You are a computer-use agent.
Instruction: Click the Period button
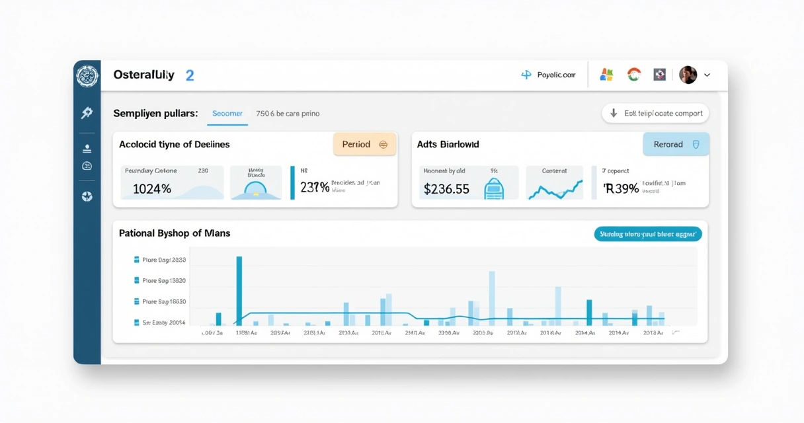tap(364, 144)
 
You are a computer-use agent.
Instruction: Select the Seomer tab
tap(227, 114)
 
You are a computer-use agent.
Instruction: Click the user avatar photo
tap(688, 75)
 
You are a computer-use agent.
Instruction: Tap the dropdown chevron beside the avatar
tap(707, 75)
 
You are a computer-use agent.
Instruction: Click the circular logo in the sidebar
tap(87, 76)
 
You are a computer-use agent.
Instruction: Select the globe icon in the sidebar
tap(87, 197)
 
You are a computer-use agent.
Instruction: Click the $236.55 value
tap(446, 189)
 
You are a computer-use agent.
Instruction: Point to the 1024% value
tap(152, 189)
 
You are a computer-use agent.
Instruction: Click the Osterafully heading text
tap(143, 75)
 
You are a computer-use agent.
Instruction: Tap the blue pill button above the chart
tap(647, 234)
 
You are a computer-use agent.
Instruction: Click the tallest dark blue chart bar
tap(239, 291)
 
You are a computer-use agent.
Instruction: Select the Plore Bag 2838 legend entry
tap(160, 260)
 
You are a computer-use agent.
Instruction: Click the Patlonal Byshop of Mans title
tap(175, 233)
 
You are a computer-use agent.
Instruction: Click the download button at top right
tap(655, 113)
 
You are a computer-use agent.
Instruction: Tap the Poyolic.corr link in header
tap(548, 75)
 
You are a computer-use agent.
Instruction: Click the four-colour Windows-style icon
tap(606, 75)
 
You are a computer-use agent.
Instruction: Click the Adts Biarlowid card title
tap(448, 144)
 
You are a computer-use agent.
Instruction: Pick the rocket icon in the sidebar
tap(87, 113)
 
